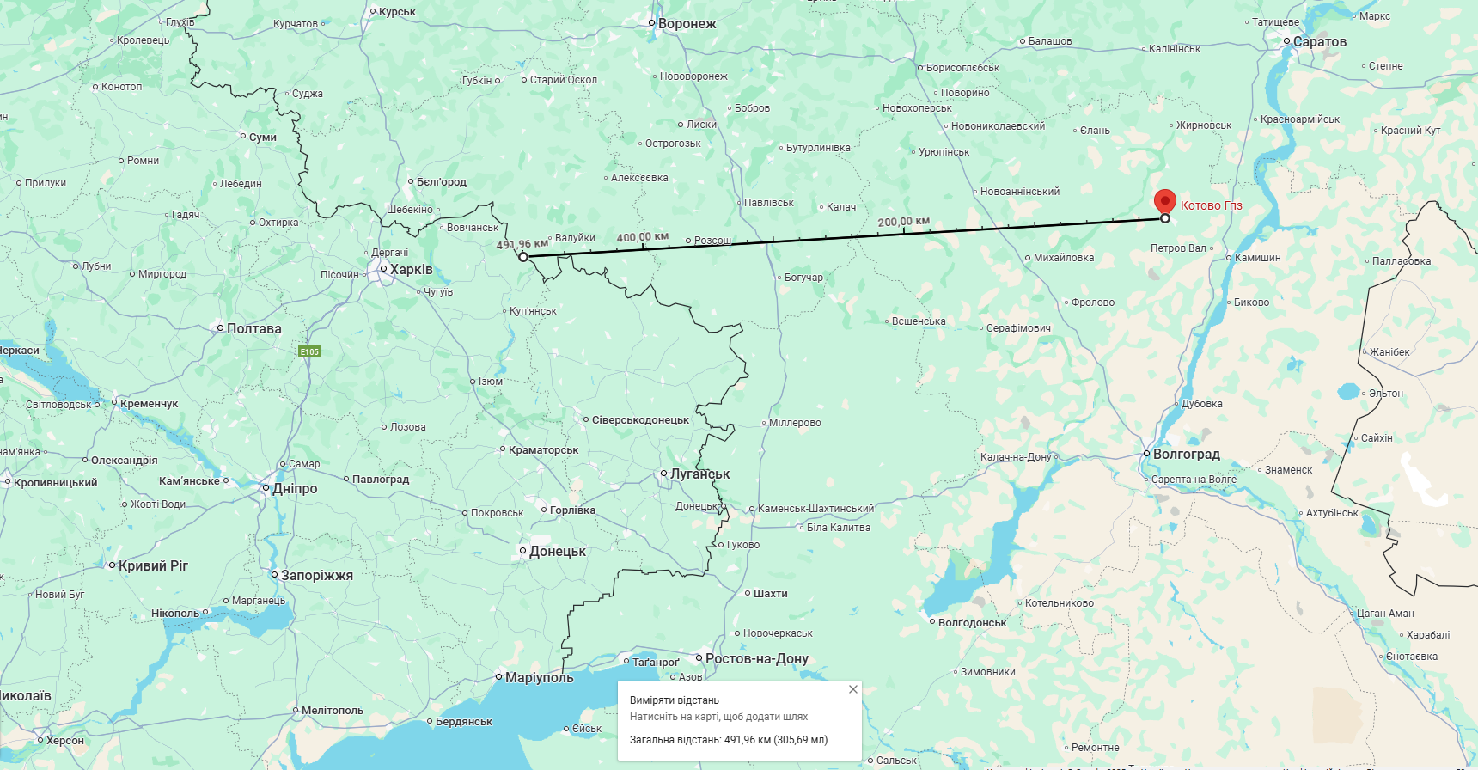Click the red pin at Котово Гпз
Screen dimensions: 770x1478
click(1164, 201)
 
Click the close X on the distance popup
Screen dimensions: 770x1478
click(852, 689)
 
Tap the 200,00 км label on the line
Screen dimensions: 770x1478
click(903, 222)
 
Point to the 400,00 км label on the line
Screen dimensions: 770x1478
click(642, 237)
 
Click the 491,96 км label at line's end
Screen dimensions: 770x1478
click(522, 244)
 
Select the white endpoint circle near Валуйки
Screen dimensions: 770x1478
click(523, 257)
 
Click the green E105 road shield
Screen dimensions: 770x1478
click(309, 351)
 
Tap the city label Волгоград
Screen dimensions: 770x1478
click(1186, 454)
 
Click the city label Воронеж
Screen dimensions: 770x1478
click(687, 24)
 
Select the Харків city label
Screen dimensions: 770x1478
click(411, 269)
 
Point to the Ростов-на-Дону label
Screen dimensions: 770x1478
click(756, 658)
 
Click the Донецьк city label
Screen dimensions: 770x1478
click(557, 551)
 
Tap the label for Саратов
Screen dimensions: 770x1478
click(1319, 41)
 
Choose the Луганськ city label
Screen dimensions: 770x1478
click(699, 474)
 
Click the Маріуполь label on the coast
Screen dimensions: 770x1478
click(539, 677)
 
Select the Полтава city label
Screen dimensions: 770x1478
click(253, 328)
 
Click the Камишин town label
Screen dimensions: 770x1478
click(1257, 258)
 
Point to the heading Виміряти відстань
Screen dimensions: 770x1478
click(675, 700)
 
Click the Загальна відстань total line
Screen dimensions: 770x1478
click(728, 739)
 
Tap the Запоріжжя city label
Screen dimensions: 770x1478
click(316, 575)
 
